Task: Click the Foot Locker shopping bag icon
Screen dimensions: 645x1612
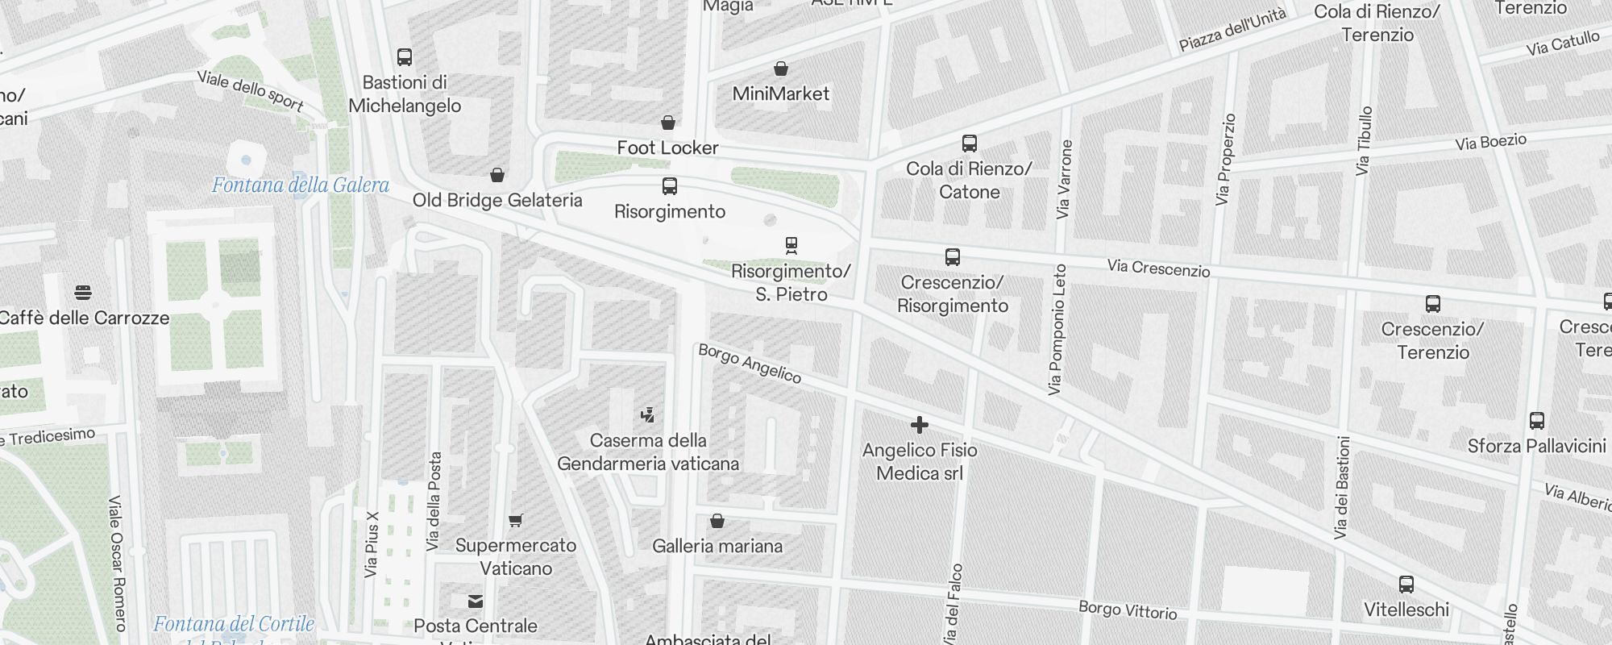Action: tap(668, 123)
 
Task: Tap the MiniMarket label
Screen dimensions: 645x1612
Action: tap(780, 94)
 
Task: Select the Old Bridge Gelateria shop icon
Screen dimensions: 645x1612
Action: tap(497, 175)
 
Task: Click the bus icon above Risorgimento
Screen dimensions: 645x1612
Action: tap(669, 186)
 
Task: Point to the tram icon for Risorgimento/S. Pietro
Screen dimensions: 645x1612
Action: tap(791, 245)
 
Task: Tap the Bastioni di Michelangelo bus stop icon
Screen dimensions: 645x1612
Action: tap(405, 57)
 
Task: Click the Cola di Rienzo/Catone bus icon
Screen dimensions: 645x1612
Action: tap(970, 144)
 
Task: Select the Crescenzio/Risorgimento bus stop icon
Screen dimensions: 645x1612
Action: tap(953, 257)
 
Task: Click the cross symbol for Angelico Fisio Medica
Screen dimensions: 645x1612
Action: tap(920, 425)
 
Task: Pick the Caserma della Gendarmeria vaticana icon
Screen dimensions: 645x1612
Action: tap(647, 415)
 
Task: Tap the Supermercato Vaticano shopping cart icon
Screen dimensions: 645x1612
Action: tap(516, 521)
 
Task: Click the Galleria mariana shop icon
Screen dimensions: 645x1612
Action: tap(717, 522)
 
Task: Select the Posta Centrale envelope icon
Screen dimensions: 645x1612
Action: tap(476, 601)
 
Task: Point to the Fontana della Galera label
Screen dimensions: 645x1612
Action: tap(301, 185)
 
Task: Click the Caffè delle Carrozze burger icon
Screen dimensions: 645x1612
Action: tap(82, 292)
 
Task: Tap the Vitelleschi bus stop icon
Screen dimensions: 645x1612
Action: tap(1406, 585)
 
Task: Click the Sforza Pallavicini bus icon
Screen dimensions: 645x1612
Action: tap(1537, 421)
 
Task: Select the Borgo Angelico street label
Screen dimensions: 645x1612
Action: tap(750, 364)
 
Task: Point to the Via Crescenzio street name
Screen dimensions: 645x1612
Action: tap(1158, 268)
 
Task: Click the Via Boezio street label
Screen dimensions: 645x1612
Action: tap(1491, 143)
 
